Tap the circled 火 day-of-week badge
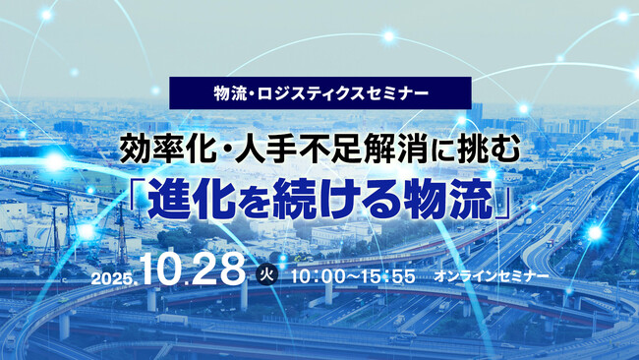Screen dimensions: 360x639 pyautogui.click(x=264, y=275)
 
